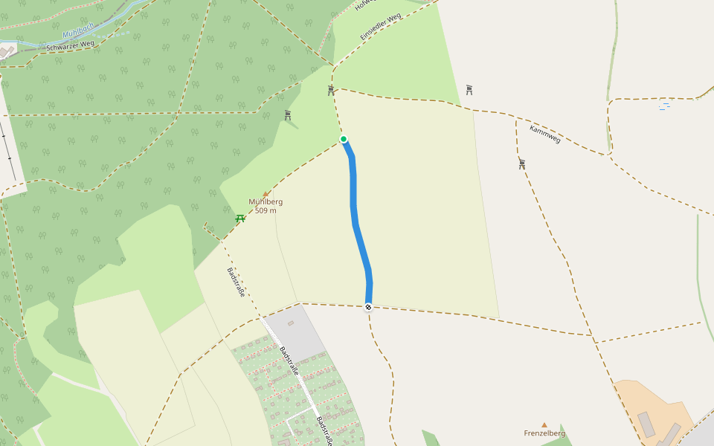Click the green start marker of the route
tap(344, 139)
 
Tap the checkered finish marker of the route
tap(368, 307)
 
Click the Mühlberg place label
tap(266, 201)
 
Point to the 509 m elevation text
tap(266, 210)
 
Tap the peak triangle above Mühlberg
tap(266, 193)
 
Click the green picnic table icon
tap(240, 219)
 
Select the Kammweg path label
tap(544, 134)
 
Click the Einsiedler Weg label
tap(380, 27)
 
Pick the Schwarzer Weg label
tap(70, 45)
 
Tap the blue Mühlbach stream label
tap(78, 33)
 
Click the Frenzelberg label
tap(544, 433)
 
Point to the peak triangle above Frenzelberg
tap(544, 425)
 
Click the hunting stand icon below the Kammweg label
tap(522, 164)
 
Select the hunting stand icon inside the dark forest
tap(288, 115)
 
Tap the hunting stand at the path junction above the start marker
tap(331, 90)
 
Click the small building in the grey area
tap(290, 323)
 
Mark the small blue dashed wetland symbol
tap(664, 106)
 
